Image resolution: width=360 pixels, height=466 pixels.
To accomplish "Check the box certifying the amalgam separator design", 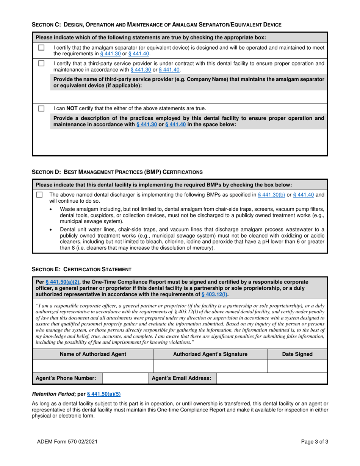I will click(41, 48).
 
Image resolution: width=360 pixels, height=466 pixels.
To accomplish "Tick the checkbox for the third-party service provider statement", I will click(41, 63).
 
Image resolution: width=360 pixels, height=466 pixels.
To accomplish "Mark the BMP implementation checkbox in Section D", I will click(39, 195).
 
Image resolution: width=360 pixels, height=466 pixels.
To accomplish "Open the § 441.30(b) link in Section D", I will click(271, 195).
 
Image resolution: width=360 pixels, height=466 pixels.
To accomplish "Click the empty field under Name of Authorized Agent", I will click(93, 366).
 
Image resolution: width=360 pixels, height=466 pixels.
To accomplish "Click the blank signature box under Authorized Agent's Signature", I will click(210, 366).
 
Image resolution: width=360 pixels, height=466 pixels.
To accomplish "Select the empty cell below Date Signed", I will click(297, 366).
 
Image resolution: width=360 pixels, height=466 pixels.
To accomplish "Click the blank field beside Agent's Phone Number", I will click(125, 378).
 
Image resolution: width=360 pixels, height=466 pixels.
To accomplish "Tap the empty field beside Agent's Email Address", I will click(271, 378).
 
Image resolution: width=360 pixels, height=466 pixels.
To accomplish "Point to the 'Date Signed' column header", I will click(297, 354).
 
